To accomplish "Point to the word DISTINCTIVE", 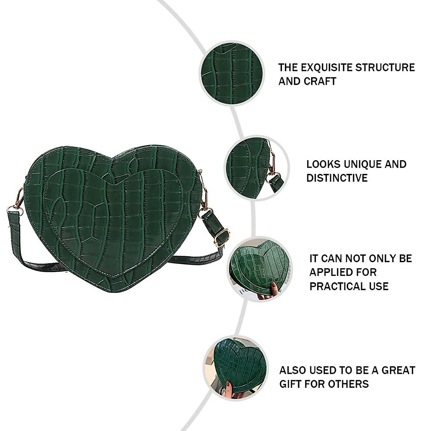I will pyautogui.click(x=337, y=178).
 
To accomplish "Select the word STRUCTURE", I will pyautogui.click(x=385, y=68).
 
